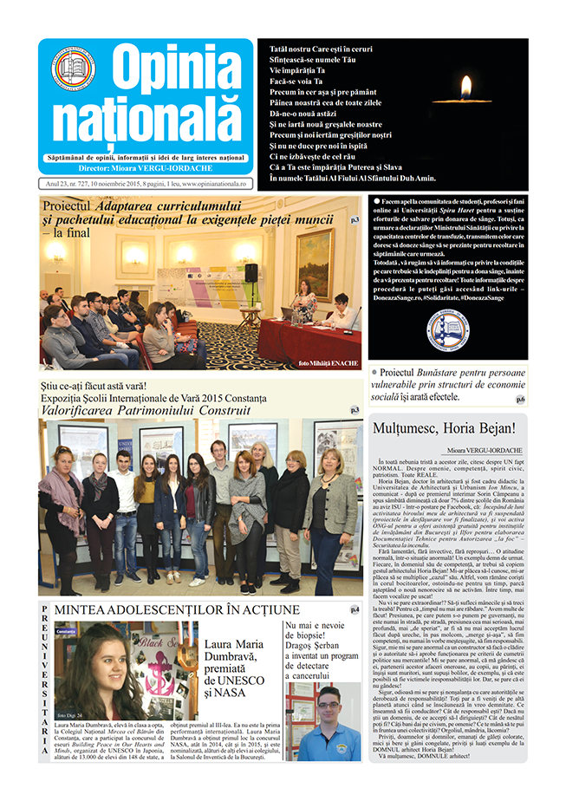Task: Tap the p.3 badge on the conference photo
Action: pyautogui.click(x=355, y=220)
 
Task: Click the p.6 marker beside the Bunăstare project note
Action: pyautogui.click(x=519, y=400)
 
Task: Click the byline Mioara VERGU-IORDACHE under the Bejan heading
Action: pyautogui.click(x=481, y=451)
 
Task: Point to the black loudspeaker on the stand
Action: pyautogui.click(x=251, y=271)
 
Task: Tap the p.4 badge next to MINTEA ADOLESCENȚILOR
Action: pyautogui.click(x=355, y=610)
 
